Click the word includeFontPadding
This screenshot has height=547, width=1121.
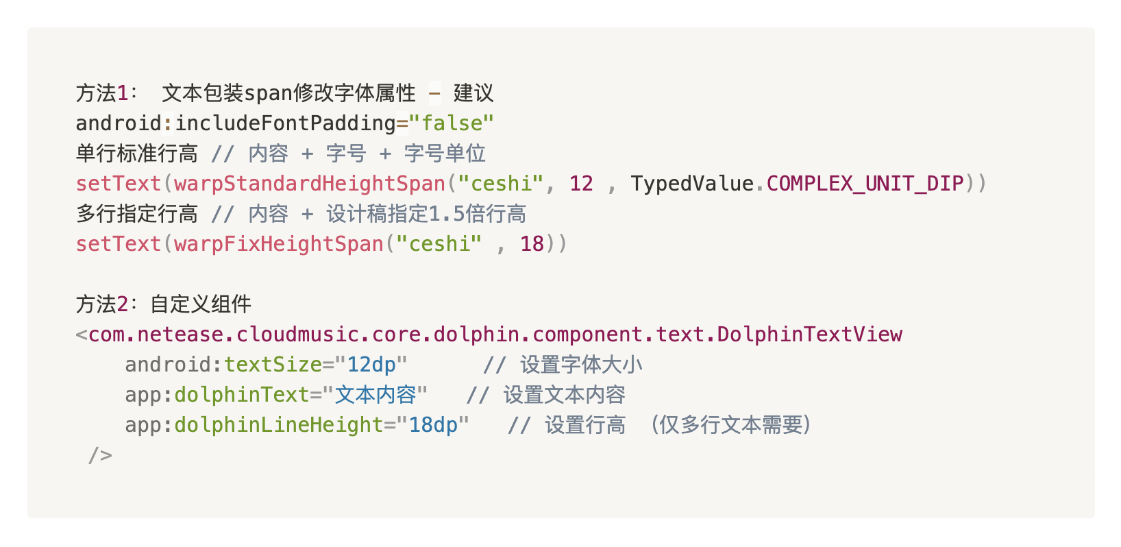[x=285, y=123]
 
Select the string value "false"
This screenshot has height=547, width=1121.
[x=452, y=123]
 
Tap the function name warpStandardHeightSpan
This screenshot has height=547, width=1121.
[x=310, y=184]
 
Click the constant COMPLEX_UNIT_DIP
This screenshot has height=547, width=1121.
[x=865, y=184]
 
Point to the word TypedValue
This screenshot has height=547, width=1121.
[x=692, y=184]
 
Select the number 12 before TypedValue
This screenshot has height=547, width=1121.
[x=581, y=184]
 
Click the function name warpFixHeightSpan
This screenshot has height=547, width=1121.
[x=279, y=244]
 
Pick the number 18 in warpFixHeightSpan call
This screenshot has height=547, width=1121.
[x=532, y=244]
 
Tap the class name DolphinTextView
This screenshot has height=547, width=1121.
[x=810, y=335]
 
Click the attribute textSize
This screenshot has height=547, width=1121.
[x=273, y=365]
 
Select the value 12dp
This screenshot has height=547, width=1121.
[x=371, y=365]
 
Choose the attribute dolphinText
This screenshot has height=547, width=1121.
[x=242, y=395]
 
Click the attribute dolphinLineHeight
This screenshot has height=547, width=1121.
[x=279, y=425]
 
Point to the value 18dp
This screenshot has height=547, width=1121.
[x=433, y=425]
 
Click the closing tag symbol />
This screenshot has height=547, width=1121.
[x=100, y=455]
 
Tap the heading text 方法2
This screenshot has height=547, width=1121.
[x=102, y=304]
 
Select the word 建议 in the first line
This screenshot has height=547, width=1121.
[x=473, y=93]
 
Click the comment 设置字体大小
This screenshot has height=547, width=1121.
[x=581, y=365]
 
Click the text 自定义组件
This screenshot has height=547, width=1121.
[x=201, y=304]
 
